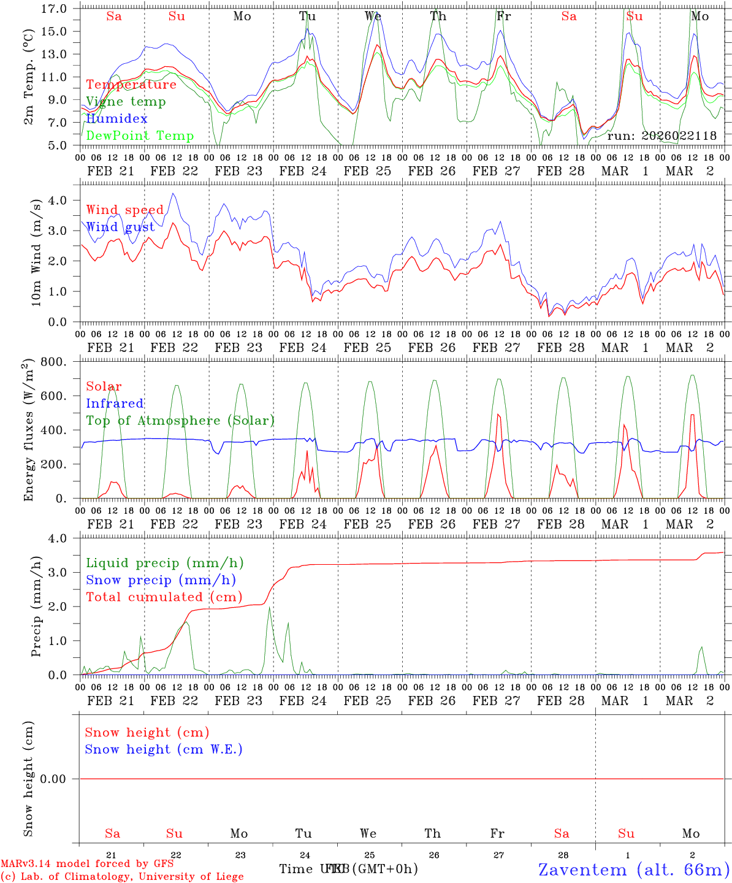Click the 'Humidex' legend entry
116,119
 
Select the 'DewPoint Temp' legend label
140,136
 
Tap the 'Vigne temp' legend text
126,102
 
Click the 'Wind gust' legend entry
120,227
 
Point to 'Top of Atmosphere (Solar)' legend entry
180,421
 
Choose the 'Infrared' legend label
115,403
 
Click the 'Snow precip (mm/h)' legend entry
161,580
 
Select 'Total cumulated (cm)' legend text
164,597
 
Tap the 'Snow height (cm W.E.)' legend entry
164,749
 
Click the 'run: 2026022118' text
661,136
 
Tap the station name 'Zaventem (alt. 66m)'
634,870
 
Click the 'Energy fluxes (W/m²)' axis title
28,432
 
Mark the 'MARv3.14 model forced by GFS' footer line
87,864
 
